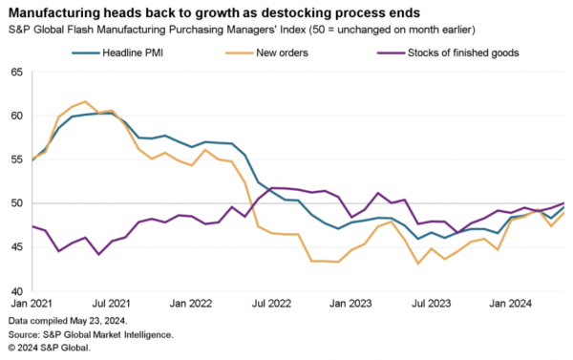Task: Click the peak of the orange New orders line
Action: click(x=86, y=101)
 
